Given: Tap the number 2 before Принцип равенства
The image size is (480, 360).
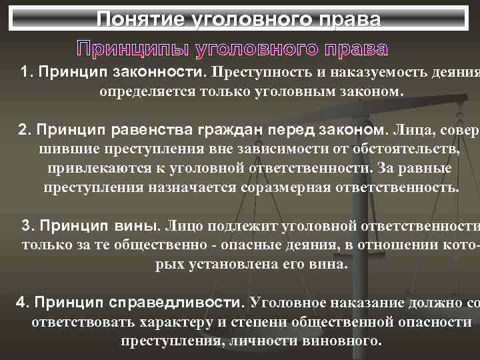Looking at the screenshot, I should click(23, 127).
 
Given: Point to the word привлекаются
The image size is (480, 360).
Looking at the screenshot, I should click(93, 167).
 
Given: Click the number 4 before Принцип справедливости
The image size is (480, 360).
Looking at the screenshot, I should click(20, 302).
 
